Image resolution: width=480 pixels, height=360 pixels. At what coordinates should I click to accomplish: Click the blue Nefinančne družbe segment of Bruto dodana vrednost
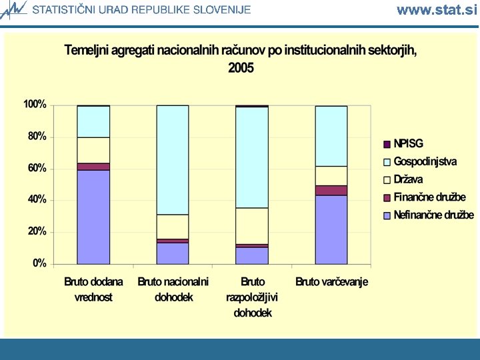(93, 217)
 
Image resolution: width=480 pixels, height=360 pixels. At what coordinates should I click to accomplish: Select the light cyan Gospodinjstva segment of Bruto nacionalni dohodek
(173, 160)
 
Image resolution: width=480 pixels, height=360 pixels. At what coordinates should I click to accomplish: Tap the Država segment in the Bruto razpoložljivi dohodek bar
(252, 226)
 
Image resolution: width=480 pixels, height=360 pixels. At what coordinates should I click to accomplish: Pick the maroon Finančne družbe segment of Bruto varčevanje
(331, 191)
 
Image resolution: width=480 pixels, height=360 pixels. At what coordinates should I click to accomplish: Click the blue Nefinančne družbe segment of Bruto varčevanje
(331, 229)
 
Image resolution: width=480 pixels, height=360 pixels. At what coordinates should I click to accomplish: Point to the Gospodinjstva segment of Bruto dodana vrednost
(93, 121)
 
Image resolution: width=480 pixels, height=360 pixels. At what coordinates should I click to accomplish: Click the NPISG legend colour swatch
(387, 144)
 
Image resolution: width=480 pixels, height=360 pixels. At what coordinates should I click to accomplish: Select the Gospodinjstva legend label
(425, 161)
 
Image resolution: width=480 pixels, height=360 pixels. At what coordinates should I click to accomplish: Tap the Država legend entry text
(408, 179)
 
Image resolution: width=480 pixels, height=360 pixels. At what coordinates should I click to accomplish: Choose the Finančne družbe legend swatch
(387, 198)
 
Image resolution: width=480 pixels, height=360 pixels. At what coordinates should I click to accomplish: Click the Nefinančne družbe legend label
(434, 215)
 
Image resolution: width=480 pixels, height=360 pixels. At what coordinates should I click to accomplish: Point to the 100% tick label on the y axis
(35, 105)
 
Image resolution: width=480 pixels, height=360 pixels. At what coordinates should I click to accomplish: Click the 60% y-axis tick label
(37, 169)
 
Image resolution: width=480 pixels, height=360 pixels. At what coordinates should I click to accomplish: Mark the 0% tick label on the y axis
(39, 263)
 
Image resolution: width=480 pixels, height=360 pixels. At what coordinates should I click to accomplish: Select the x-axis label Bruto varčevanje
(331, 282)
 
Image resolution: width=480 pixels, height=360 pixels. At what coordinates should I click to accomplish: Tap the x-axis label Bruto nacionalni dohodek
(173, 289)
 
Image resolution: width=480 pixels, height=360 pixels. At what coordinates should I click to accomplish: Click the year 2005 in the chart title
(241, 67)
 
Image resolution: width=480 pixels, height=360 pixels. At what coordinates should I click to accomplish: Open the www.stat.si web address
(437, 10)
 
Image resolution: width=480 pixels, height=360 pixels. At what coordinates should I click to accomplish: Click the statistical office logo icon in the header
(13, 10)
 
